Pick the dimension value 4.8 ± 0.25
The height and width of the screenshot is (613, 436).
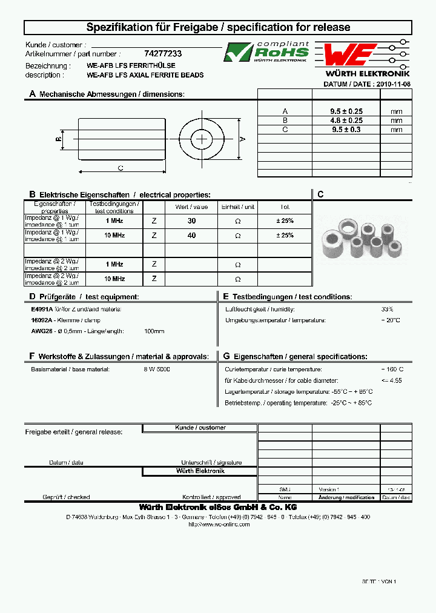(x=346, y=121)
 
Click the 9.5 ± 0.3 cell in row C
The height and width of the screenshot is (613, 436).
(x=346, y=130)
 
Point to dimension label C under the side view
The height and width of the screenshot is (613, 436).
(x=121, y=168)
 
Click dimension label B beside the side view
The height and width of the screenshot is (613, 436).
(x=58, y=139)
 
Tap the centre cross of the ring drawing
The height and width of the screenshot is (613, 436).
(x=202, y=139)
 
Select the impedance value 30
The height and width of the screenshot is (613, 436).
(x=191, y=221)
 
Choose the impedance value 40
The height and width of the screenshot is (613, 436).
(x=191, y=236)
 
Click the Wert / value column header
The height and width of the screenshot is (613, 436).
(x=191, y=207)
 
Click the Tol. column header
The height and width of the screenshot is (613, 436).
(x=285, y=207)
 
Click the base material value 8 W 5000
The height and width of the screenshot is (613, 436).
(x=157, y=369)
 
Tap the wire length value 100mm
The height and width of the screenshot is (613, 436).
(x=154, y=331)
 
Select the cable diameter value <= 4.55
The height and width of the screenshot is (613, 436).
(x=391, y=380)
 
